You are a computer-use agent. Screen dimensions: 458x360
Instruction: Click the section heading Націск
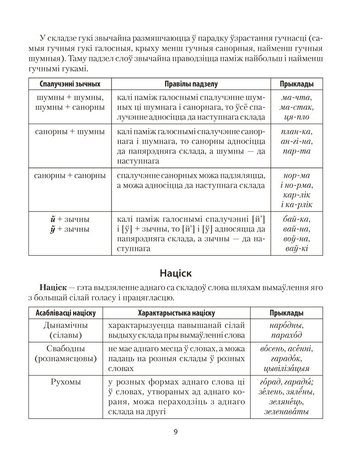pos(176,273)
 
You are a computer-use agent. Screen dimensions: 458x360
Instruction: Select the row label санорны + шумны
pos(70,131)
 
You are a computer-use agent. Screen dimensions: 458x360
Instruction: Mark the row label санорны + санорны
pos(70,175)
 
